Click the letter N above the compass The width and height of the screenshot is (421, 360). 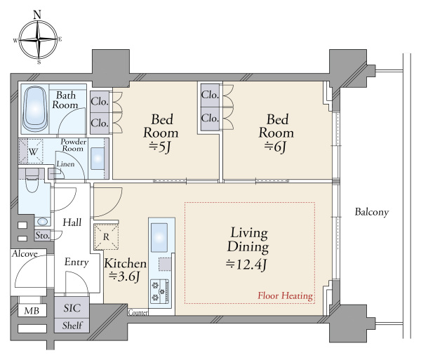(37, 15)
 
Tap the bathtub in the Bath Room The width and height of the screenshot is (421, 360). (34, 109)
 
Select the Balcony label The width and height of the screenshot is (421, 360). (372, 212)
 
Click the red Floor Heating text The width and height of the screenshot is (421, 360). (285, 295)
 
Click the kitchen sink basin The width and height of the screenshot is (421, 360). (159, 238)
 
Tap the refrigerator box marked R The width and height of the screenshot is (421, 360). (106, 236)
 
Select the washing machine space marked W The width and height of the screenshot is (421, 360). (31, 151)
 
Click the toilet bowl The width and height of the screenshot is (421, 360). (32, 180)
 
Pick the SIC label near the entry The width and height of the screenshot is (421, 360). (72, 308)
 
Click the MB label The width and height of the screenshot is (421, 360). (32, 311)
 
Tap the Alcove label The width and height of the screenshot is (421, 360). (25, 254)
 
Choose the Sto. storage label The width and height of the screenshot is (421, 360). (43, 235)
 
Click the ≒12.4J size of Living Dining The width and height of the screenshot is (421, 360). (246, 265)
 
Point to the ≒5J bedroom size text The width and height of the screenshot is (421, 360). (160, 147)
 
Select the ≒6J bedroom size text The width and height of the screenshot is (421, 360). (275, 147)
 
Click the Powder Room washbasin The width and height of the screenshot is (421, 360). (98, 159)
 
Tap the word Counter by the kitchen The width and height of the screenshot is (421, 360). (138, 312)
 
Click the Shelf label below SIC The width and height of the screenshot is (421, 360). (72, 326)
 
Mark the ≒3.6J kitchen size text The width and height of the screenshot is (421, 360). (124, 276)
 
